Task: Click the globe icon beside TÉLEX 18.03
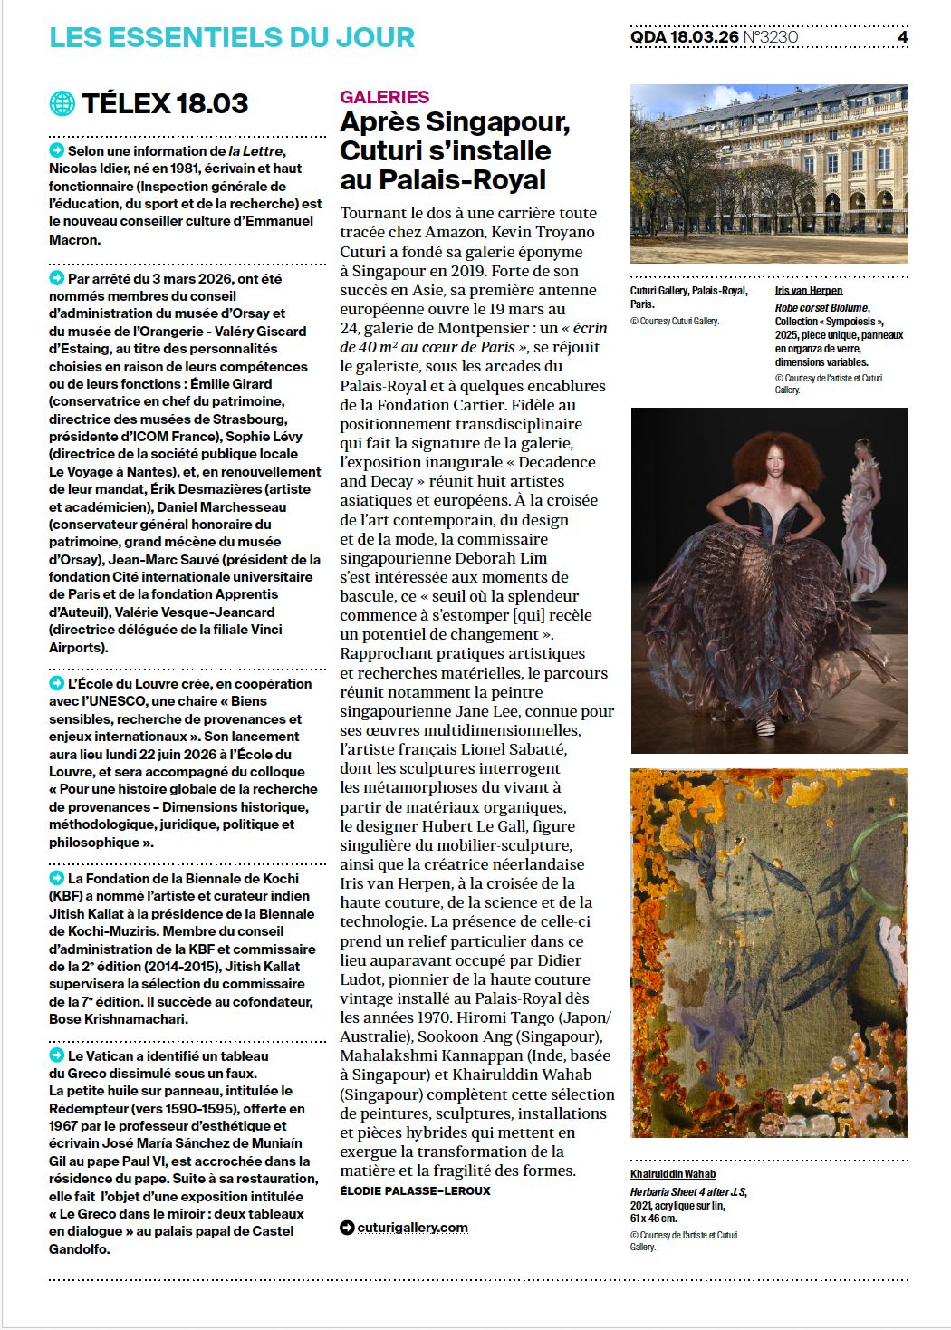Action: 62,103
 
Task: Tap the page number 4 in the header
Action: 902,37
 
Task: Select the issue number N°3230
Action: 771,37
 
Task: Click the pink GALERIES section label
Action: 384,97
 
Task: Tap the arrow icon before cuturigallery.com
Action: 347,1228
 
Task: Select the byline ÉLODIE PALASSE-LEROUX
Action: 415,1190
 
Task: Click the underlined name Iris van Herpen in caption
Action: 809,291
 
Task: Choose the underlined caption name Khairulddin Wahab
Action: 673,1174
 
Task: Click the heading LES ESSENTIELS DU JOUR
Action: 232,37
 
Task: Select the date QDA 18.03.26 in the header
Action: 685,37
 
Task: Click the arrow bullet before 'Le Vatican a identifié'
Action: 57,1055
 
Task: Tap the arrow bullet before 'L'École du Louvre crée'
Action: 57,683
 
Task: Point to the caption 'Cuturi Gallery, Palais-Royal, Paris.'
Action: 688,297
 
